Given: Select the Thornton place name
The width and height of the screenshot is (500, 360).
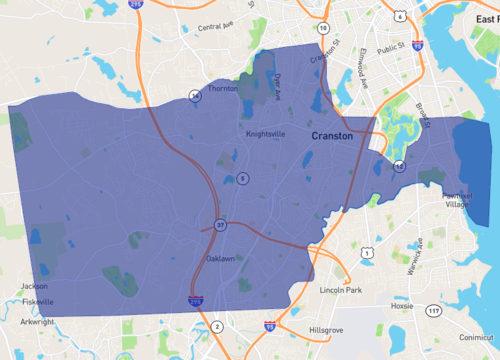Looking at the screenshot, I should click(222, 89).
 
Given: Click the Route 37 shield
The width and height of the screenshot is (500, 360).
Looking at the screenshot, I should click(220, 224).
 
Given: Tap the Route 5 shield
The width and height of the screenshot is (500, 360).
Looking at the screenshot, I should click(243, 178).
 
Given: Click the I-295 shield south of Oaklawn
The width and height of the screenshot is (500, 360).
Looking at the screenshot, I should click(194, 299).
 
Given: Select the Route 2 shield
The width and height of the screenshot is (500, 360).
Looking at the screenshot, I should click(217, 326).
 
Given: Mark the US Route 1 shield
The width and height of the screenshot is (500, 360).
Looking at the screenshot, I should click(368, 254).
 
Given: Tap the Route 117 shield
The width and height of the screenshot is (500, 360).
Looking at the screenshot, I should click(432, 311).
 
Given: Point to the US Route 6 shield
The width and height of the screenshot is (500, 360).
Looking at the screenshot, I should click(398, 15).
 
